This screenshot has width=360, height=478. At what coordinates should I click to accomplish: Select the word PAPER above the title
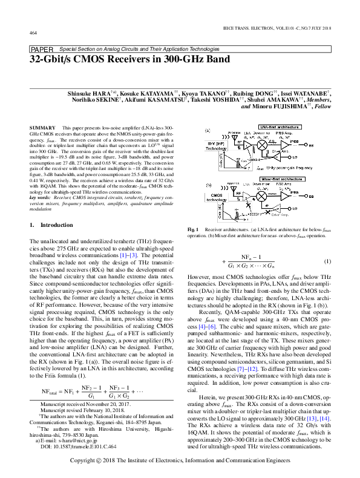coord(41,48)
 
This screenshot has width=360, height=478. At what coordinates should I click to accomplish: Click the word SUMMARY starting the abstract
coord(42,128)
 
